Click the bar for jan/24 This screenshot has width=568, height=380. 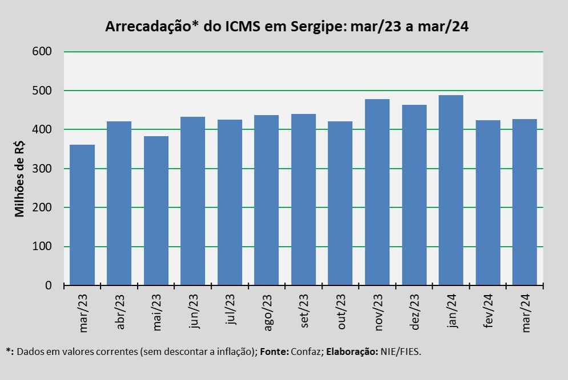pos(451,190)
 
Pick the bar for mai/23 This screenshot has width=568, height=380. pos(156,211)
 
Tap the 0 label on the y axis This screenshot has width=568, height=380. pos(49,285)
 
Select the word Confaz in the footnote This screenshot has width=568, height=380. pos(307,352)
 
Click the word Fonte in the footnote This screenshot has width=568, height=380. pos(273,352)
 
